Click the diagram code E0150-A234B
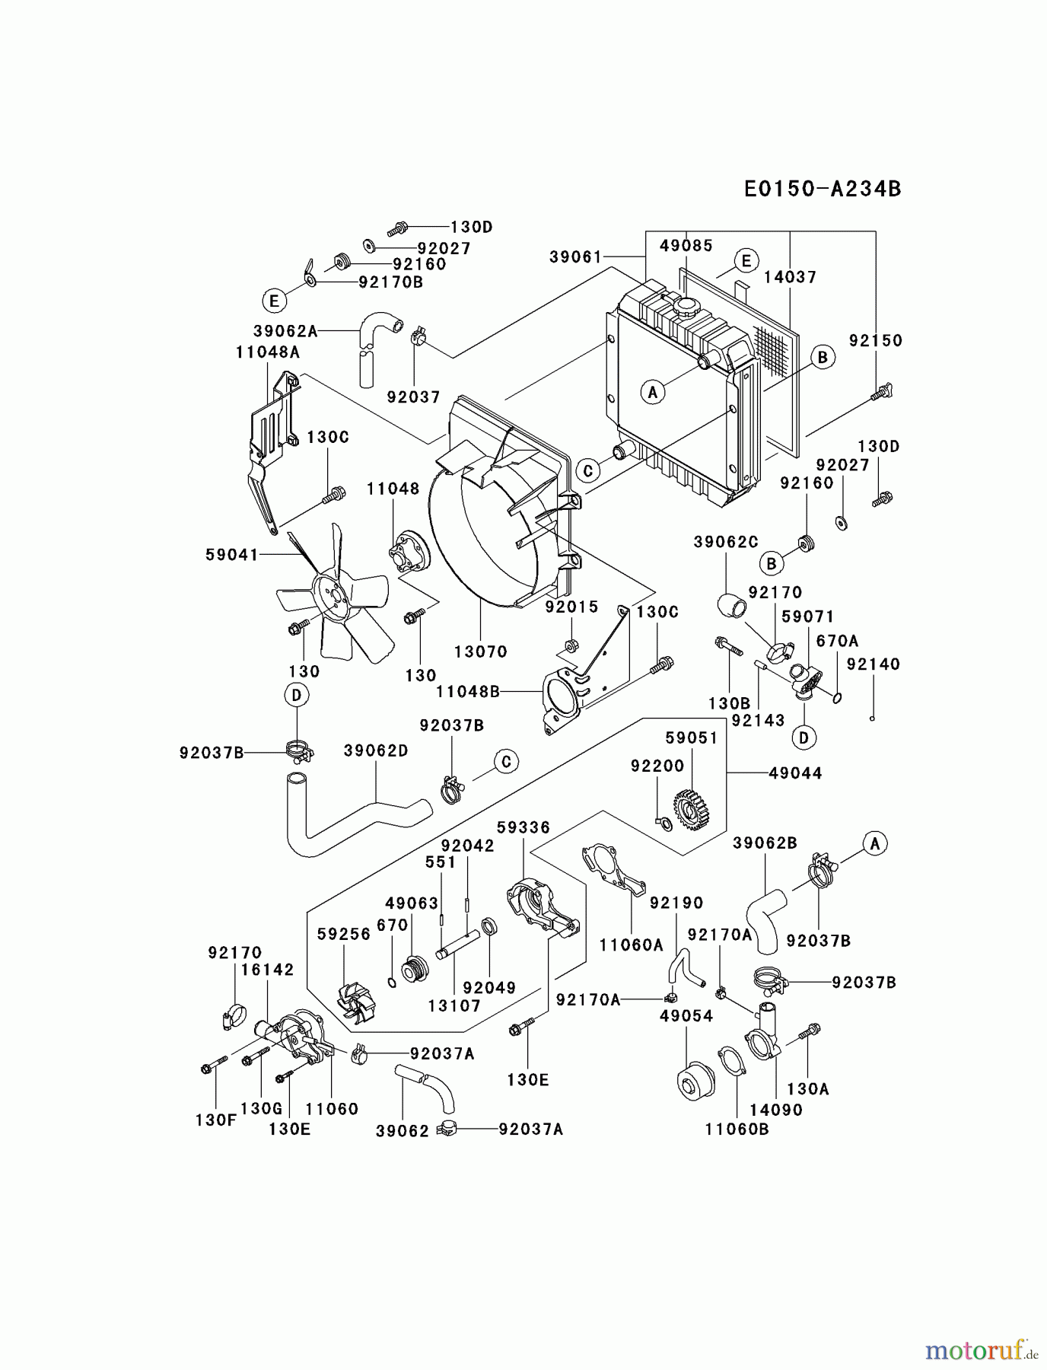pyautogui.click(x=822, y=189)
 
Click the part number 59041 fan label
pyautogui.click(x=232, y=555)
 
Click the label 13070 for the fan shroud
pyautogui.click(x=480, y=652)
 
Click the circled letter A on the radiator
pyautogui.click(x=652, y=393)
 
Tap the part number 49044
pyautogui.click(x=795, y=773)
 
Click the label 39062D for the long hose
pyautogui.click(x=376, y=750)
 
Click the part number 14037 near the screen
pyautogui.click(x=790, y=277)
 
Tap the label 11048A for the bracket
pyautogui.click(x=267, y=352)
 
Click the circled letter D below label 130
pyautogui.click(x=297, y=695)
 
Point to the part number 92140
pyautogui.click(x=873, y=664)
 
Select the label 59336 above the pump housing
pyautogui.click(x=523, y=827)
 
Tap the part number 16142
pyautogui.click(x=267, y=970)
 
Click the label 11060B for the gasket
pyautogui.click(x=737, y=1129)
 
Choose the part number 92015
pyautogui.click(x=571, y=607)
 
